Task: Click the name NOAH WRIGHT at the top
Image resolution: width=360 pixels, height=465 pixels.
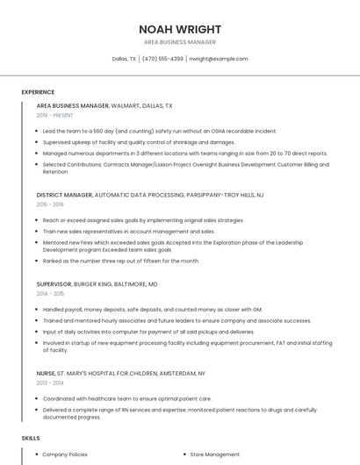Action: (180, 29)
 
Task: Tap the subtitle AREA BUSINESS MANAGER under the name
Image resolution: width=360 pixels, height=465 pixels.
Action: (180, 42)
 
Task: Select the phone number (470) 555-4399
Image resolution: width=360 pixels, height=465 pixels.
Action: (162, 59)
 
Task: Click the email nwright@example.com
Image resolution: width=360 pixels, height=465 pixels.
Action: (219, 59)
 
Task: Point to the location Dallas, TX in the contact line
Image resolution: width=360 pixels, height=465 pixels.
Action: (124, 59)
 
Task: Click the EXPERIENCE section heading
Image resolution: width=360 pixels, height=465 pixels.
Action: (38, 92)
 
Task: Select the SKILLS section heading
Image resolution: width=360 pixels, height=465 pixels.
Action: (31, 437)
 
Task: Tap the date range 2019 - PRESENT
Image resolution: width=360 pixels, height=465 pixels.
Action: (55, 115)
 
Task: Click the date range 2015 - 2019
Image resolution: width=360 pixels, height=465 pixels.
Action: (50, 204)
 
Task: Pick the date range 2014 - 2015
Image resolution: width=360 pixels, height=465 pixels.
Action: (50, 294)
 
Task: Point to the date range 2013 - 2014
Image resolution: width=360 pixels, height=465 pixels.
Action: (50, 383)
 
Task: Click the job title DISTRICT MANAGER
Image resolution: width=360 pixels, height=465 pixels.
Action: (64, 195)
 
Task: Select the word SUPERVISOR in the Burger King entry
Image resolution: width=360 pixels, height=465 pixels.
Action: (53, 284)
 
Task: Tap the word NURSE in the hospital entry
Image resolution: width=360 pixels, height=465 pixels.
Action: (46, 373)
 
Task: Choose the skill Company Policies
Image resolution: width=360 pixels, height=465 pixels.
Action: (65, 454)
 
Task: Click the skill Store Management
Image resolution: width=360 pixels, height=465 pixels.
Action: (215, 454)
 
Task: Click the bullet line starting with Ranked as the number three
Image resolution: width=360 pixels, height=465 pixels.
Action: (121, 261)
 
